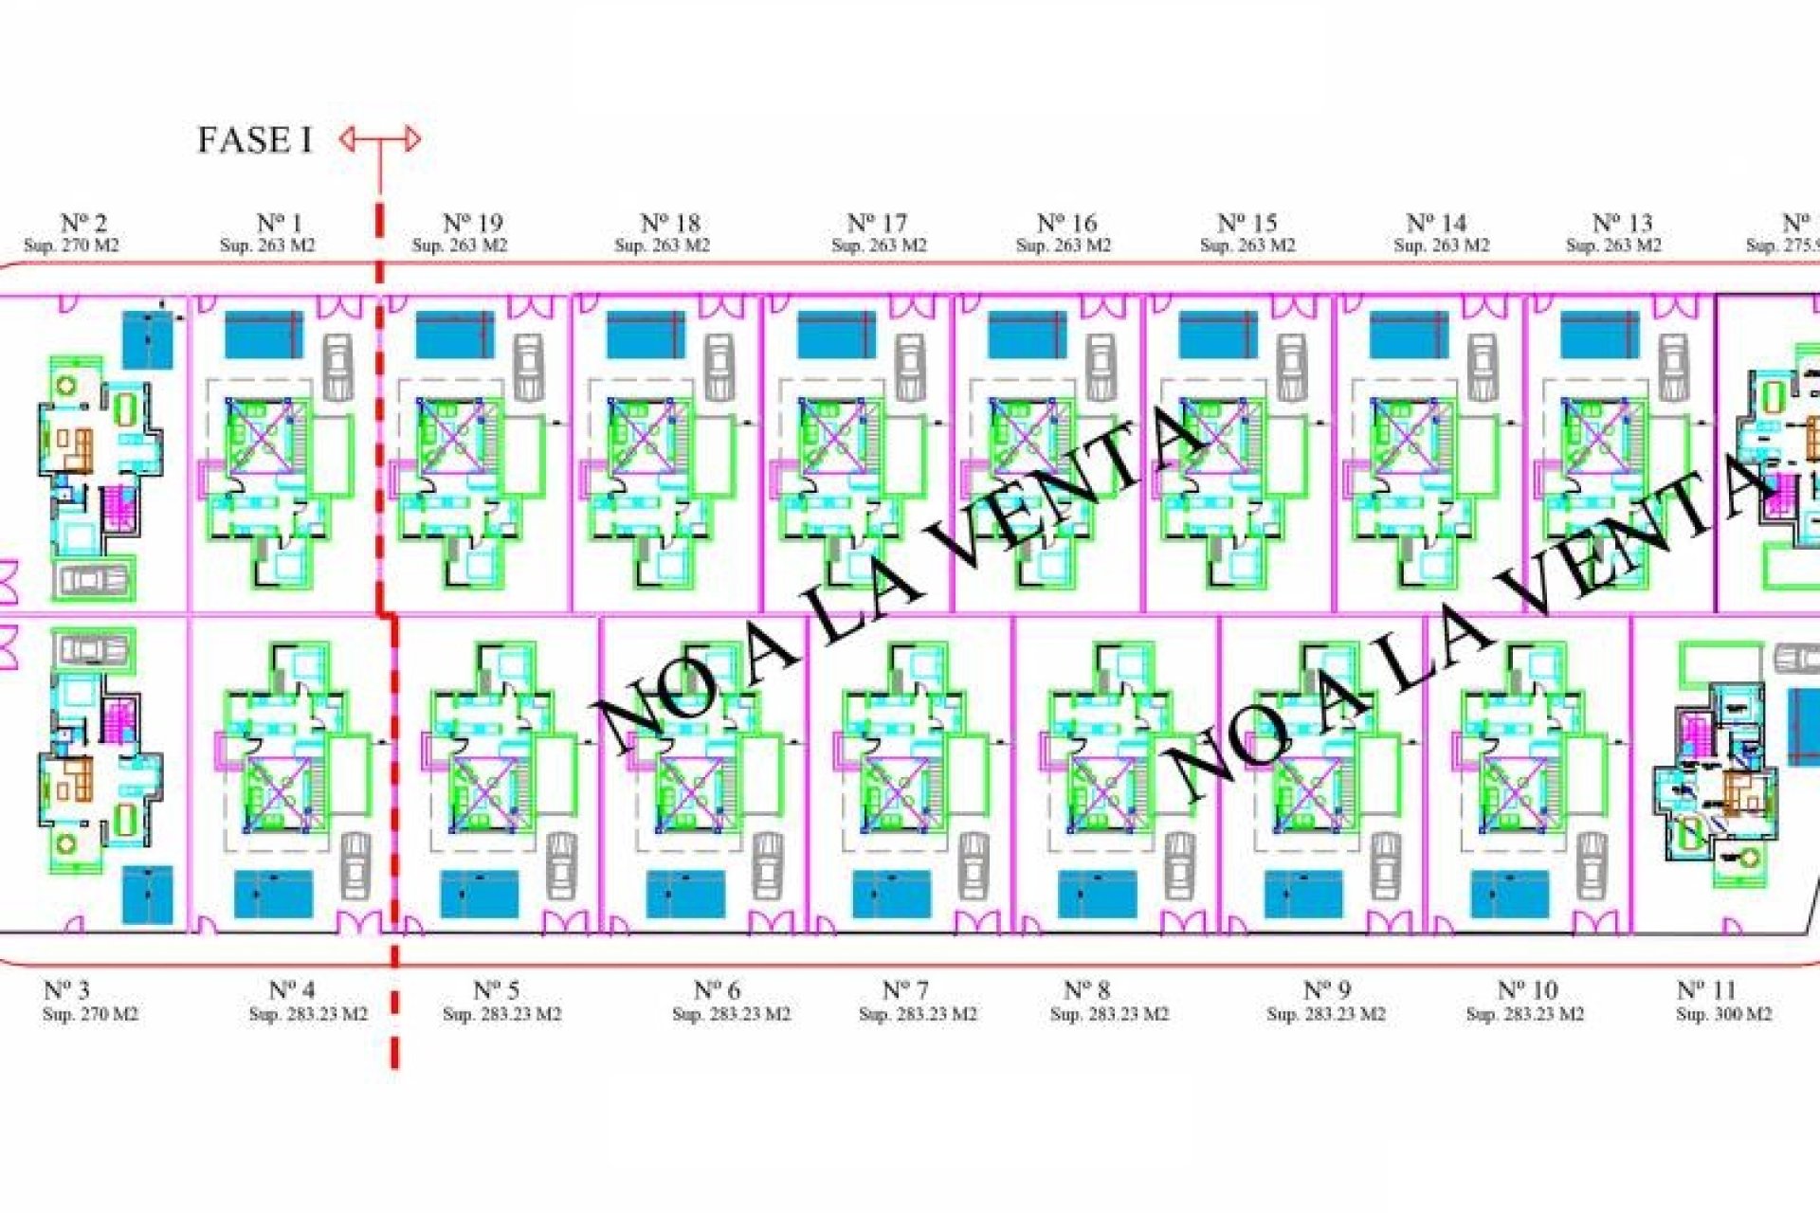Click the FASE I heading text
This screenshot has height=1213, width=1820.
coord(254,140)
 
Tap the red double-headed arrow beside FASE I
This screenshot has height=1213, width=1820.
coord(380,140)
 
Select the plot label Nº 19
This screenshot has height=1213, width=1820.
coord(473,224)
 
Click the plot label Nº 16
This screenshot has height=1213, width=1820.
coord(1066,224)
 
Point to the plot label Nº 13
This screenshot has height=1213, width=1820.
coord(1622,224)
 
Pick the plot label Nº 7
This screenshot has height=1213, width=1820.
coord(905,990)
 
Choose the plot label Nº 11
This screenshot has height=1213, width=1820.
coord(1705,990)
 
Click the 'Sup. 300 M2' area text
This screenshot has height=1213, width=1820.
coord(1723,1014)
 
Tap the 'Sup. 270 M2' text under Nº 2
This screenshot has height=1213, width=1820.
coord(72,245)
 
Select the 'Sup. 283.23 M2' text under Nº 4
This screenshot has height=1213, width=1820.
coord(308,1014)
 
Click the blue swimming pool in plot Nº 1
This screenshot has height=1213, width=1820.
coord(264,335)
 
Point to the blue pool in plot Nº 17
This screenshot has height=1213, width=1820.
coord(836,335)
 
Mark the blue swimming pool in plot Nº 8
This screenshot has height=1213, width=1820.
coord(1097,895)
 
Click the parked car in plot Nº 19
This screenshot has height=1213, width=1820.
coord(529,367)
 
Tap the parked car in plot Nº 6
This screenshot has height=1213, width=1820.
coord(767,865)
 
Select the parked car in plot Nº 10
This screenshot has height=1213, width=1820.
coord(1592,865)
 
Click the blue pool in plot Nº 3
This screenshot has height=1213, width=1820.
coord(148,895)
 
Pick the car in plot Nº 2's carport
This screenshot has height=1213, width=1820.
coord(92,579)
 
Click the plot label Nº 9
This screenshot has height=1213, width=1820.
coord(1326,990)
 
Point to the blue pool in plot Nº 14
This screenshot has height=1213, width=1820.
coord(1409,335)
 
